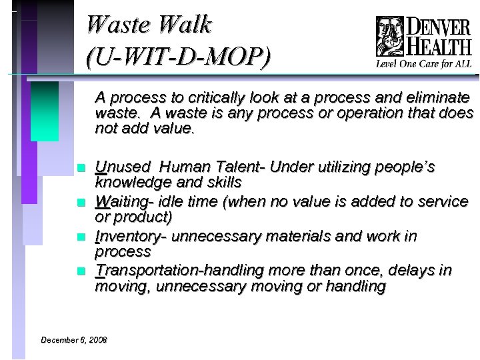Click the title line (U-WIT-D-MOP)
pyautogui.click(x=179, y=57)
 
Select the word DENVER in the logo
pyautogui.click(x=438, y=27)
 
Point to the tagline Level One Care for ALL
pyautogui.click(x=424, y=64)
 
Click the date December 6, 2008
pyautogui.click(x=74, y=340)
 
